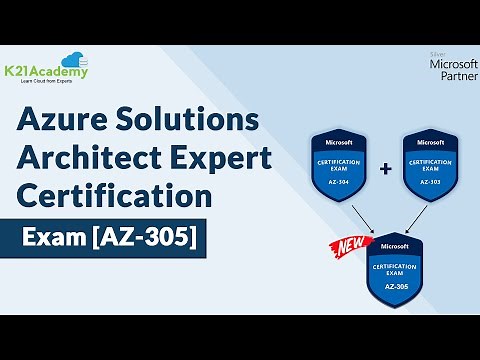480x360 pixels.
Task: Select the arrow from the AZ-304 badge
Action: tap(358, 218)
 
